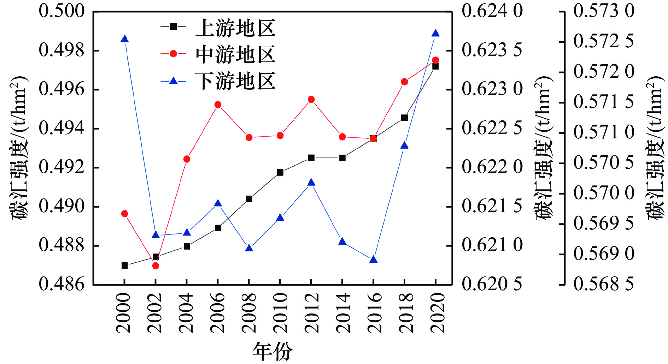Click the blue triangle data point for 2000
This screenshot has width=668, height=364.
coord(124,39)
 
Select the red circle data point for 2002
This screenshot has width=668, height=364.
coord(156,265)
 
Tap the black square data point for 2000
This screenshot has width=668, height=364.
coord(124,265)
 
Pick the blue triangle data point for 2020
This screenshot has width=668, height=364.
coord(435,34)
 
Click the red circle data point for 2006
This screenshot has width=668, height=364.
coord(218,105)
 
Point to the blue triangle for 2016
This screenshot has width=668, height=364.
coord(374,260)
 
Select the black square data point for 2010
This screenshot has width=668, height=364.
coord(280,173)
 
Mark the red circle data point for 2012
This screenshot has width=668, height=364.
coord(311,100)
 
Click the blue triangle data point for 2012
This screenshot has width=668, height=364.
coord(311,183)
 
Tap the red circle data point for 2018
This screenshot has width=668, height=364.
coord(405,82)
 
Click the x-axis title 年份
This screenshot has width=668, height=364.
coord(273,351)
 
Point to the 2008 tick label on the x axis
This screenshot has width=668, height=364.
coord(249,312)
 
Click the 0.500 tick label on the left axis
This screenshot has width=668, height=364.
coord(62,11)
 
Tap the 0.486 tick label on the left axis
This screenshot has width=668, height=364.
coord(62,284)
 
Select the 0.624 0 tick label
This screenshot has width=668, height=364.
coord(492,11)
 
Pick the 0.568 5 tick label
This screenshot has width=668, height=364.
coord(604,284)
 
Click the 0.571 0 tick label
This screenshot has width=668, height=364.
coord(604,133)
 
